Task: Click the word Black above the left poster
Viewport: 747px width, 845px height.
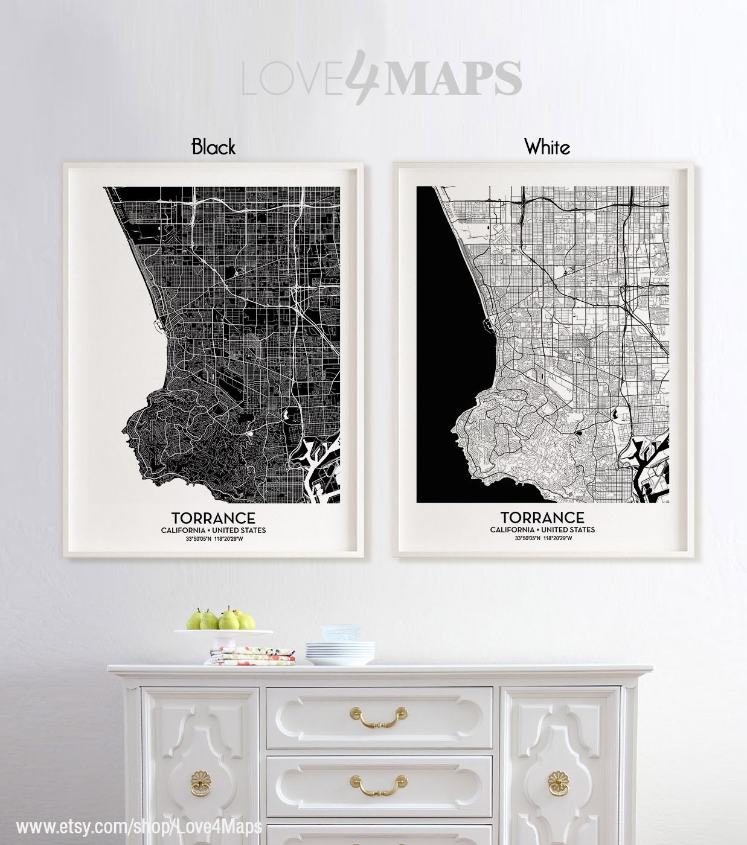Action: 213,147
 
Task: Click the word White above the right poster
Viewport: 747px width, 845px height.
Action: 547,147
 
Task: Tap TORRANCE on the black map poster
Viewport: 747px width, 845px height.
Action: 213,518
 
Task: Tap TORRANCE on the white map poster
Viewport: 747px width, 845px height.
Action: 542,517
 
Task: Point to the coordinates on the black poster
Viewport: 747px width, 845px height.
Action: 213,538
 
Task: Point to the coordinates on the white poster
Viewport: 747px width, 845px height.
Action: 542,538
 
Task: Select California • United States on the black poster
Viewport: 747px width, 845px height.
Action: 213,530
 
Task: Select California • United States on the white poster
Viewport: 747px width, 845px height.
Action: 542,529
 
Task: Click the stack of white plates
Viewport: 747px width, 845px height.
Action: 340,652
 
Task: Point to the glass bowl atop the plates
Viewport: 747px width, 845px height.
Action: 340,633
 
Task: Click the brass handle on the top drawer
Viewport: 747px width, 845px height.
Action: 379,716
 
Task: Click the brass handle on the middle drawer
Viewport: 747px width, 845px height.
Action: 379,785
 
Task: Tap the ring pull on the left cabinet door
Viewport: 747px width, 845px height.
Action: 201,783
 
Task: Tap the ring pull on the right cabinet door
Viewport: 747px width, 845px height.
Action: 559,783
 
